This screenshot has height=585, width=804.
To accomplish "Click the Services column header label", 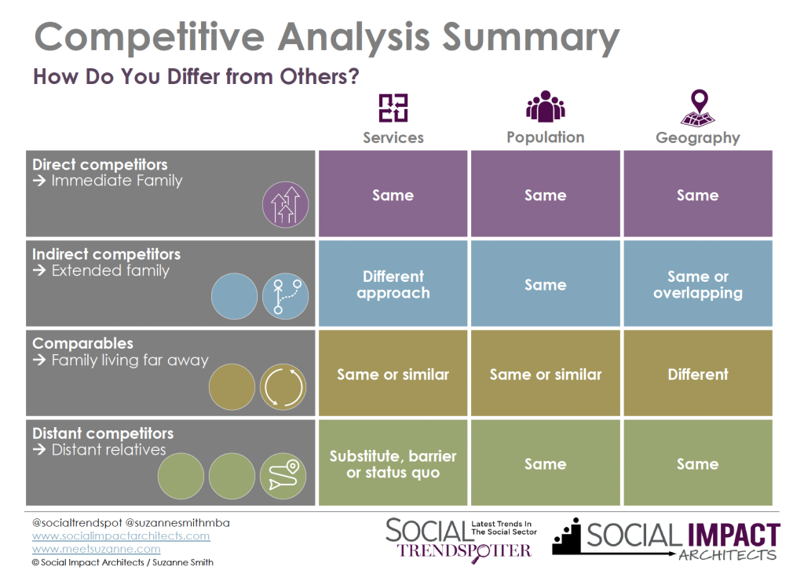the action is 393,137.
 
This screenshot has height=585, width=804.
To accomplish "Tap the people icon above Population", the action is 545,107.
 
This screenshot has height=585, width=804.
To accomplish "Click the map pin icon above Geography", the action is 698,108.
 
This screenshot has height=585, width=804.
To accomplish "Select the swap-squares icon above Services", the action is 393,108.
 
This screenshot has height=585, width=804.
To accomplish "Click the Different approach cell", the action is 393,284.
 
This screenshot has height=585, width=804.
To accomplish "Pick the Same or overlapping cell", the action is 698,284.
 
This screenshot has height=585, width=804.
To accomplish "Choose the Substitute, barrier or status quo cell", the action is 393,463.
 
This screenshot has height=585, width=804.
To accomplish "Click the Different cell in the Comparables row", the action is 698,374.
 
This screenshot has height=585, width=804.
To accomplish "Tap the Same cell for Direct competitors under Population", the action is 546,194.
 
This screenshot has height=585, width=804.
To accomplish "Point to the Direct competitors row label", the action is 100,165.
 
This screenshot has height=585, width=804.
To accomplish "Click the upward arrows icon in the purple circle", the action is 286,205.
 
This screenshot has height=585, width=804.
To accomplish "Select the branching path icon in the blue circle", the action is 286,296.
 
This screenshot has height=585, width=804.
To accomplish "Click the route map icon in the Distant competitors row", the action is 283,476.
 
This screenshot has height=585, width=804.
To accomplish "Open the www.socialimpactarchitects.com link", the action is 121,536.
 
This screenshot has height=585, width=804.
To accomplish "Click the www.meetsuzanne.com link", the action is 97,549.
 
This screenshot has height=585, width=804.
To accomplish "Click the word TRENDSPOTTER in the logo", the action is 465,551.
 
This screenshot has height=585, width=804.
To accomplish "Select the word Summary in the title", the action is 531,37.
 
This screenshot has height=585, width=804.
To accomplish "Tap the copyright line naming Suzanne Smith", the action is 122,562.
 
